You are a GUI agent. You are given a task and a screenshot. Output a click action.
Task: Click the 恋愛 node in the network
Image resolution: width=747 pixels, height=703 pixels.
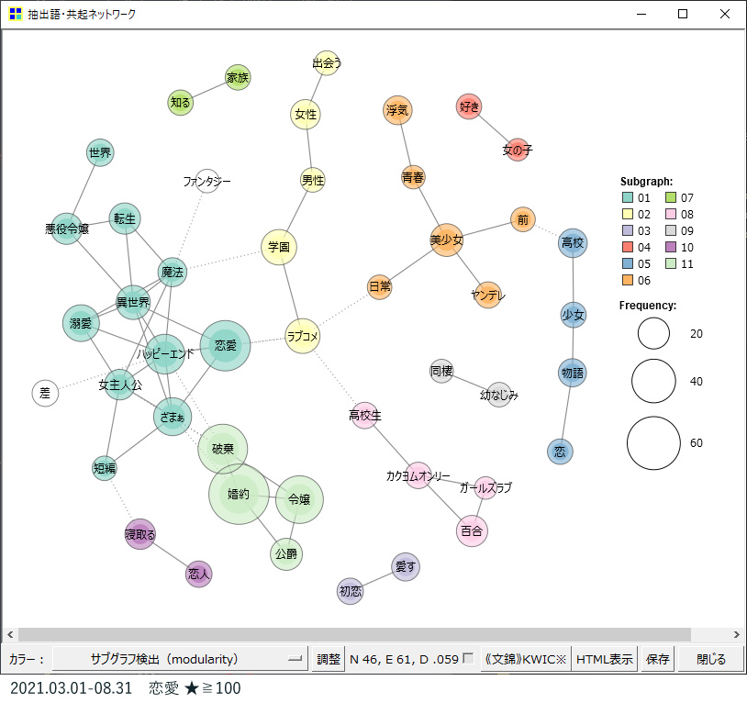226,345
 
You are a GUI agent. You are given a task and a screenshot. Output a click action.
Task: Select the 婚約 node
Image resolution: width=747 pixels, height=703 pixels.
239,494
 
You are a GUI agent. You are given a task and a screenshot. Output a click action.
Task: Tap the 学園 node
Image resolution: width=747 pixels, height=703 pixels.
279,247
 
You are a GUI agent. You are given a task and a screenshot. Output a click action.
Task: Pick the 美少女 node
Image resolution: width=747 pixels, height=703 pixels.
446,240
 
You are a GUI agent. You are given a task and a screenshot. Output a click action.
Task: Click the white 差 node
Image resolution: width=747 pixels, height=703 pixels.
45,393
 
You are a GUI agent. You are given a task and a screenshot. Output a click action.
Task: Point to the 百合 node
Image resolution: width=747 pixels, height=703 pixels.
472,530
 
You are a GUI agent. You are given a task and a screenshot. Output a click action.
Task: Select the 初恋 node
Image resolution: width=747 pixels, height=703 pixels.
351,591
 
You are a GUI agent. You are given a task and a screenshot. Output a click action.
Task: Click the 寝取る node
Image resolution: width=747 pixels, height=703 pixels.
139,534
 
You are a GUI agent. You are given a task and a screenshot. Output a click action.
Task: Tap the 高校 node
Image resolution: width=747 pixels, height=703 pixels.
573,243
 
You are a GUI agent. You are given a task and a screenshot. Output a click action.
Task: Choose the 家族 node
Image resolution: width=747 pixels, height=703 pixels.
238,77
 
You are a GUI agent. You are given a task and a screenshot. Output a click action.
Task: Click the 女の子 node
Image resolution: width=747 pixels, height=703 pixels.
518,150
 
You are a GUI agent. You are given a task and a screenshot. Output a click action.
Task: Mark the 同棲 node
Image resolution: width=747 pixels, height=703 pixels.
441,371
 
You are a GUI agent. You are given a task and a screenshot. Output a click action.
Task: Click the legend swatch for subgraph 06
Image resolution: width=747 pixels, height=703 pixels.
628,280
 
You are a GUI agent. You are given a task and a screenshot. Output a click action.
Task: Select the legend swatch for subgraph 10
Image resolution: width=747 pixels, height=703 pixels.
671,247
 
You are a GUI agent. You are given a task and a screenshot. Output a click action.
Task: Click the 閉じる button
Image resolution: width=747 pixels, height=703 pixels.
711,659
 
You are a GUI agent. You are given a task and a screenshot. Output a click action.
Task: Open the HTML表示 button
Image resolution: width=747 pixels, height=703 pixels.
604,659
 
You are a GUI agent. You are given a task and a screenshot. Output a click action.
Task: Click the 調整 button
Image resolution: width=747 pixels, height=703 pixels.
329,659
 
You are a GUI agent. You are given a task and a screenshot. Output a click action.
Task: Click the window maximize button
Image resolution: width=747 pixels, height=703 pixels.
683,14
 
